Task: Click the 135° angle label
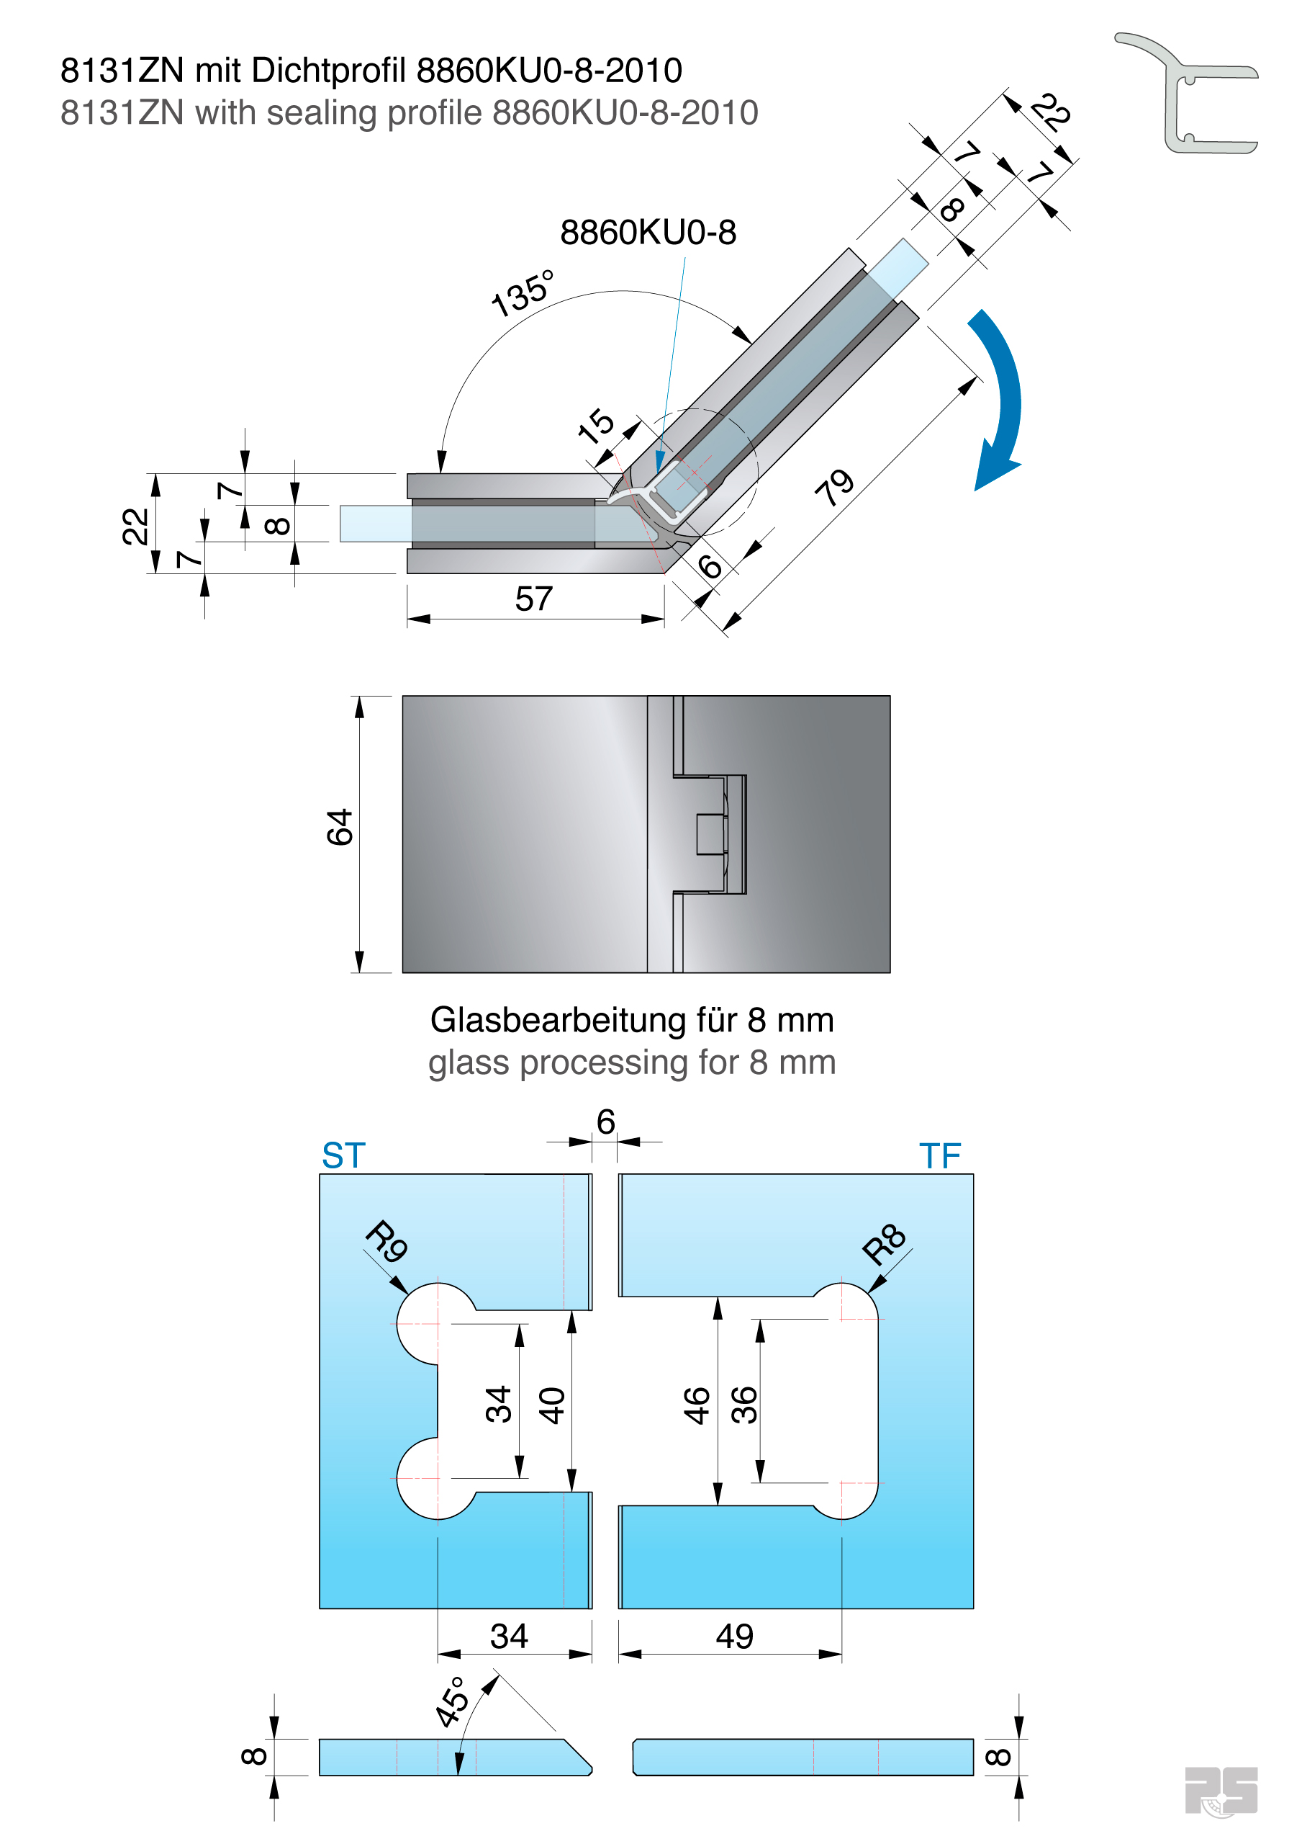tap(523, 293)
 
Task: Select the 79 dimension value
tap(835, 487)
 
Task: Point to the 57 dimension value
tap(534, 599)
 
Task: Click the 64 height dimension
tap(340, 827)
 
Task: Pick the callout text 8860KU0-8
tap(648, 233)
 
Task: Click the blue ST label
tap(343, 1155)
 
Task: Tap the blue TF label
tap(940, 1155)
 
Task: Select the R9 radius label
tap(387, 1242)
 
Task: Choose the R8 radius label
tap(884, 1244)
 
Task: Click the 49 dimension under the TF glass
tap(734, 1636)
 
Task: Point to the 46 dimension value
tap(697, 1405)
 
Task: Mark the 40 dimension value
tap(552, 1405)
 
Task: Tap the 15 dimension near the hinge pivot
tap(597, 426)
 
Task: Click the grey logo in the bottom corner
tap(1221, 1790)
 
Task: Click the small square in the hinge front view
tap(710, 834)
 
